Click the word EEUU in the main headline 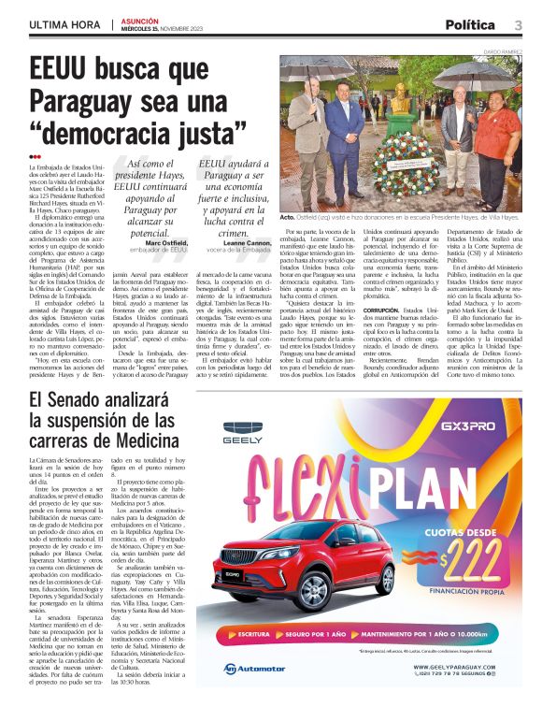(x=64, y=70)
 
